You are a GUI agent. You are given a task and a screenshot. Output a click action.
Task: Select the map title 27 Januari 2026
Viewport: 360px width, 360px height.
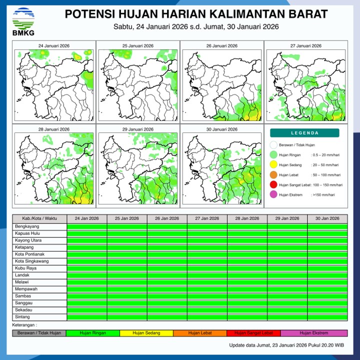pyautogui.click(x=305, y=46)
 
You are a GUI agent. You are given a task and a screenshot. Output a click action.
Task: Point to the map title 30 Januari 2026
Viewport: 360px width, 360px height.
pyautogui.click(x=221, y=129)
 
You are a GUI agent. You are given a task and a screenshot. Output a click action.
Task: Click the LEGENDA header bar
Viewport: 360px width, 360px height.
pyautogui.click(x=304, y=133)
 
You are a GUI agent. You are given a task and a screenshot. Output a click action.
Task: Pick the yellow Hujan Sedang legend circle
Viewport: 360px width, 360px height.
pyautogui.click(x=273, y=164)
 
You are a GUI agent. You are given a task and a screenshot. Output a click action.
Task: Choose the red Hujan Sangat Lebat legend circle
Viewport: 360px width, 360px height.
pyautogui.click(x=273, y=185)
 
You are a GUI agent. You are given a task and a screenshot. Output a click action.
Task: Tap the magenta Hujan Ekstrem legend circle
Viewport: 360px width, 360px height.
pyautogui.click(x=273, y=195)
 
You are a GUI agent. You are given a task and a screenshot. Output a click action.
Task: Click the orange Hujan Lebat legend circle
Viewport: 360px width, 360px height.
pyautogui.click(x=273, y=175)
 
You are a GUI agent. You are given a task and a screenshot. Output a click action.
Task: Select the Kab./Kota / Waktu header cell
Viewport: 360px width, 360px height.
pyautogui.click(x=39, y=218)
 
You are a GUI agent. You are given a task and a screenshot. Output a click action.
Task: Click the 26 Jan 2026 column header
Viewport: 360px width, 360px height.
pyautogui.click(x=167, y=218)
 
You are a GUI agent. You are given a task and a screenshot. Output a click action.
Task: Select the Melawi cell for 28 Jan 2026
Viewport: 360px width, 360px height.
pyautogui.click(x=247, y=282)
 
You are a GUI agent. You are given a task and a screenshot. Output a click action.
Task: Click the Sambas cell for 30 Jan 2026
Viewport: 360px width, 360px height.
pyautogui.click(x=327, y=296)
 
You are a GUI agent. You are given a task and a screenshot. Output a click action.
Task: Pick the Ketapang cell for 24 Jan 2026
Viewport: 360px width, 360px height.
pyautogui.click(x=87, y=247)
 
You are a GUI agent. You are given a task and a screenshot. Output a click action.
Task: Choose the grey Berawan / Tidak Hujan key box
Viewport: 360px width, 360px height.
pyautogui.click(x=39, y=333)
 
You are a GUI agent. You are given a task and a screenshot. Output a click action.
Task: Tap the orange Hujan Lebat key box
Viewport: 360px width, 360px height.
pyautogui.click(x=200, y=333)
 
